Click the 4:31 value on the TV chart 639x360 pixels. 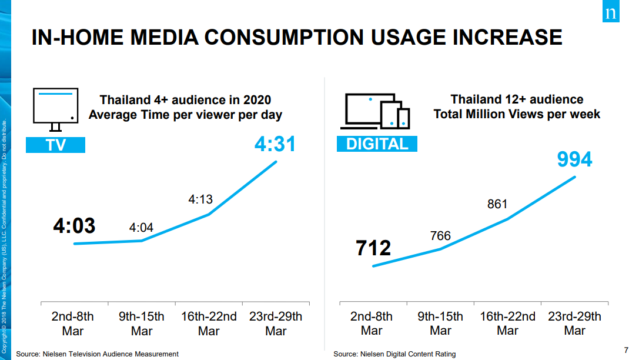[275, 144]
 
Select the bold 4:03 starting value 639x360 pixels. [74, 226]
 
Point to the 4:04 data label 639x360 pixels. [141, 228]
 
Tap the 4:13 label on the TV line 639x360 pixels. [200, 199]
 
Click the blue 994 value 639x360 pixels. [574, 159]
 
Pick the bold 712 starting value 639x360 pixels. [373, 248]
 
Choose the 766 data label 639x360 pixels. [440, 236]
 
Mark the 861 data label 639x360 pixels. [497, 204]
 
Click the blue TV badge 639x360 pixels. [55, 145]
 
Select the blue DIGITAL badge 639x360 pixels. [377, 144]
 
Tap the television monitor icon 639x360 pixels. [55, 109]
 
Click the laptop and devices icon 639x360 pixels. [375, 111]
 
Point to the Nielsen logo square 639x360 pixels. [611, 11]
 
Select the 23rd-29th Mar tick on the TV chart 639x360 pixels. [276, 324]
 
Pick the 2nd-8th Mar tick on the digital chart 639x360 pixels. [372, 324]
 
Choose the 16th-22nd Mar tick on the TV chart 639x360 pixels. [209, 324]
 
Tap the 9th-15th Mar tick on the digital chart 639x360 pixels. [440, 324]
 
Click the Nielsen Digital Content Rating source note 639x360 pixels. [394, 354]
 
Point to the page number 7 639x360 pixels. [626, 350]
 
